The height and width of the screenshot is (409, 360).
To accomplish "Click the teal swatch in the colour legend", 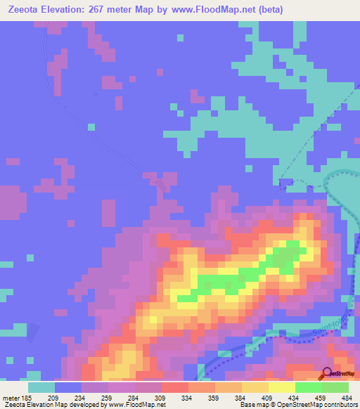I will (41, 387).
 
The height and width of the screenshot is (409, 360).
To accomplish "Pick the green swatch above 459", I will (309, 387).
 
